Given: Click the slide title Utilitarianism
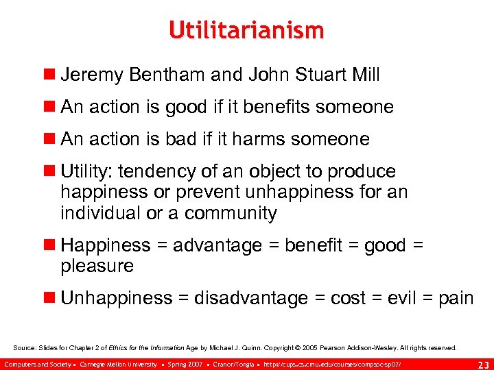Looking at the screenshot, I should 246,31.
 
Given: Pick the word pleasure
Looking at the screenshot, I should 97,266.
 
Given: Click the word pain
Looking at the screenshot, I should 454,298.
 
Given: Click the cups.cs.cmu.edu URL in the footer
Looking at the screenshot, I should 343,364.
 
